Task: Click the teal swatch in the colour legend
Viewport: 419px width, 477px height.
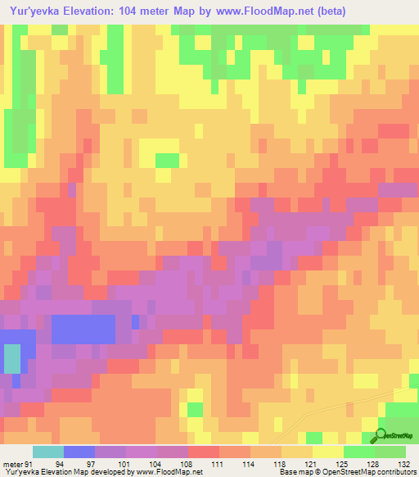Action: (x=48, y=452)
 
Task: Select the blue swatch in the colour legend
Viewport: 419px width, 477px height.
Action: (x=79, y=452)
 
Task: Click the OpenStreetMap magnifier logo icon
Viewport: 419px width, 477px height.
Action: (x=381, y=436)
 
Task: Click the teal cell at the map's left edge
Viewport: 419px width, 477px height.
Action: (x=12, y=359)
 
